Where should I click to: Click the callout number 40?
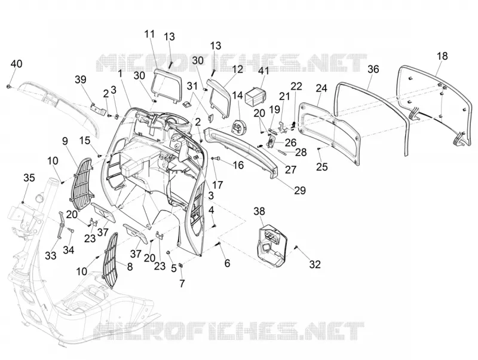click(x=17, y=64)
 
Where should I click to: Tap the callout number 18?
click(x=442, y=56)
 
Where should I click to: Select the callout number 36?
click(x=373, y=69)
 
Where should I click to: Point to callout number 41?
click(x=263, y=71)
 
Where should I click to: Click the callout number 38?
click(x=259, y=211)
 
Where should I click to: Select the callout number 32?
click(x=315, y=264)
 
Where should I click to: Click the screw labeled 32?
click(x=296, y=248)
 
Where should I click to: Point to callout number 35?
click(x=29, y=178)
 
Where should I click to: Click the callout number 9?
click(x=65, y=141)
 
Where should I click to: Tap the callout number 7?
click(x=182, y=283)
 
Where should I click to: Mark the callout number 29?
click(x=300, y=190)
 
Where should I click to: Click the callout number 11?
click(x=150, y=34)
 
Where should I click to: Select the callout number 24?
click(x=321, y=88)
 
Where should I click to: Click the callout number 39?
click(x=81, y=80)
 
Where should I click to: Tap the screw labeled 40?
click(x=8, y=87)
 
